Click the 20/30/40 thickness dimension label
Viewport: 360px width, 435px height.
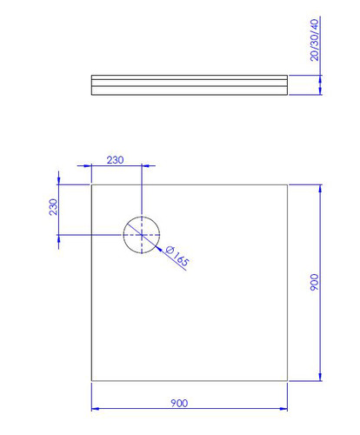point(314,40)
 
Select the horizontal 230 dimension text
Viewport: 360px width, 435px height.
point(115,160)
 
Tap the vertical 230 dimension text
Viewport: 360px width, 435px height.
point(53,207)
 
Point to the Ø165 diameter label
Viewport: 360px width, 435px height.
point(177,256)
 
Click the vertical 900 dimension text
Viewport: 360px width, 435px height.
point(314,282)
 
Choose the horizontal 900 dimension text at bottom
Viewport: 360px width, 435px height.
point(179,403)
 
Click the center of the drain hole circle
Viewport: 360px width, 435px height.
point(142,235)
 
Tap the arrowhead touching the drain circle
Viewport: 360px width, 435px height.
point(157,248)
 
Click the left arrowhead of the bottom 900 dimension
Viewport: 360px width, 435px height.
point(95,409)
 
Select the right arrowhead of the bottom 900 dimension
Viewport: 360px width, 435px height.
point(283,409)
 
